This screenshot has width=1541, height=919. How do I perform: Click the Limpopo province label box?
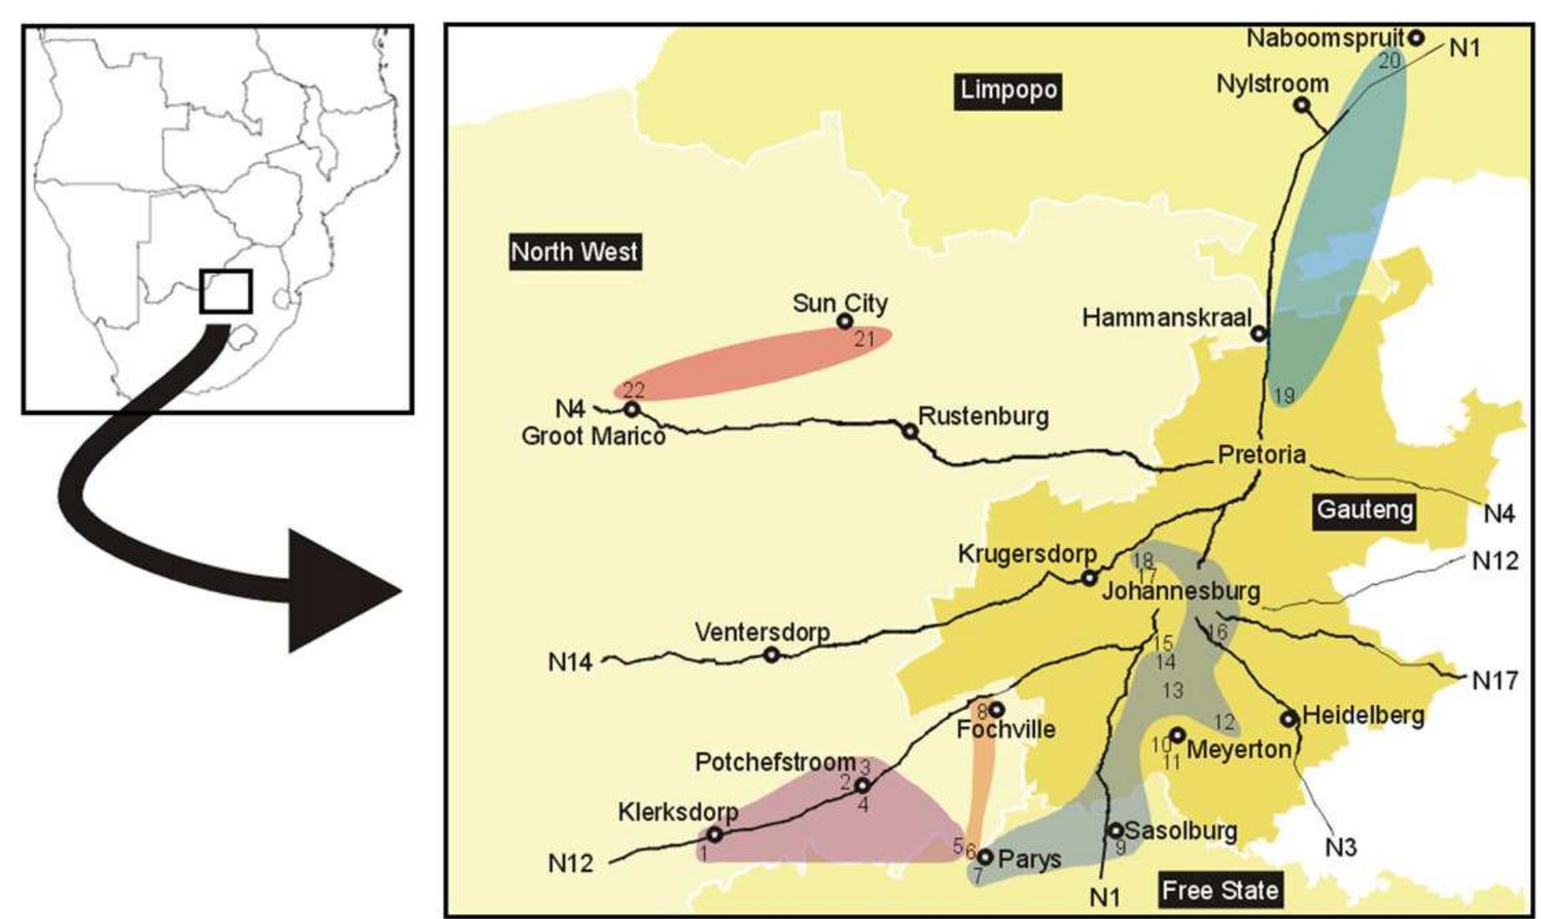pyautogui.click(x=1009, y=90)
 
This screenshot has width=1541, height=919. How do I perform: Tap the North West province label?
pyautogui.click(x=575, y=251)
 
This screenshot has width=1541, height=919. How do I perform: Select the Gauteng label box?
pyautogui.click(x=1365, y=510)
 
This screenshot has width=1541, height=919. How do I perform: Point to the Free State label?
pyautogui.click(x=1220, y=890)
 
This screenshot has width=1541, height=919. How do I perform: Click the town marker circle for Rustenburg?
pyautogui.click(x=910, y=431)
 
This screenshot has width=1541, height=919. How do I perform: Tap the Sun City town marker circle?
pyautogui.click(x=845, y=322)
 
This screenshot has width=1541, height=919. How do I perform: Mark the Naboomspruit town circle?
pyautogui.click(x=1416, y=38)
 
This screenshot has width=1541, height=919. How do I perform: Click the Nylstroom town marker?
pyautogui.click(x=1301, y=105)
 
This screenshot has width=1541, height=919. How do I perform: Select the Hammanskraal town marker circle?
pyautogui.click(x=1259, y=333)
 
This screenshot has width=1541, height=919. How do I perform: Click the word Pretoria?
pyautogui.click(x=1261, y=454)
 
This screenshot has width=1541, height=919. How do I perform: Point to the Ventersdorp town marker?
pyautogui.click(x=772, y=655)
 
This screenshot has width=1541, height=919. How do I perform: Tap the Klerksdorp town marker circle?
pyautogui.click(x=715, y=834)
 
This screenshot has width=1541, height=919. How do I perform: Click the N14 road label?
pyautogui.click(x=570, y=663)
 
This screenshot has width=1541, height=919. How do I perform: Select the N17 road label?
pyautogui.click(x=1494, y=682)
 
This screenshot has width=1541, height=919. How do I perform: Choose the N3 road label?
pyautogui.click(x=1340, y=848)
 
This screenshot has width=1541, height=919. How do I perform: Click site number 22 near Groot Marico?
pyautogui.click(x=633, y=390)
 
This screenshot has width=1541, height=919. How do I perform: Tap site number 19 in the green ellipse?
pyautogui.click(x=1283, y=395)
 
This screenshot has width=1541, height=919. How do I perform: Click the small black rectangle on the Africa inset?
pyautogui.click(x=226, y=292)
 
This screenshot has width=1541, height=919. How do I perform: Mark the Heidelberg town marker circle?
pyautogui.click(x=1289, y=718)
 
